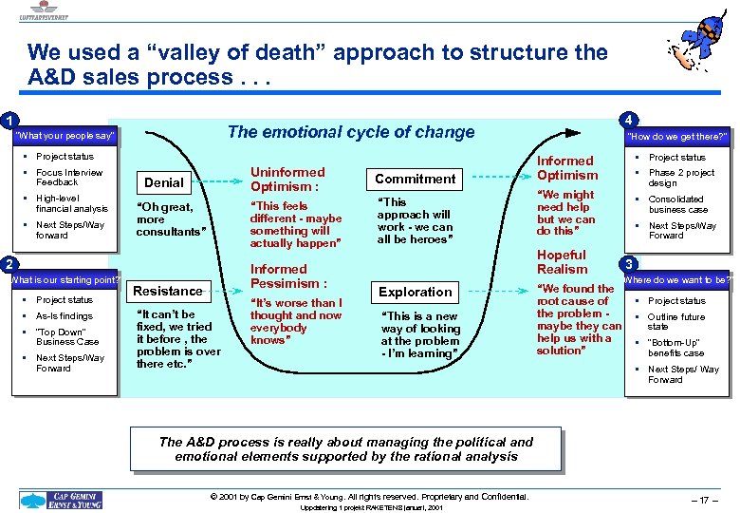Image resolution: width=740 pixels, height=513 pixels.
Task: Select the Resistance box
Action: (168, 291)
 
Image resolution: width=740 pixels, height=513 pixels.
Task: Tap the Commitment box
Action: (415, 179)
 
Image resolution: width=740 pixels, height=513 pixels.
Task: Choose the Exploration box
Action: (415, 292)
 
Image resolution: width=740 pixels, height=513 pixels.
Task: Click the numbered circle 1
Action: (8, 121)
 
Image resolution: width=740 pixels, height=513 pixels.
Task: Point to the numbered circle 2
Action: (8, 263)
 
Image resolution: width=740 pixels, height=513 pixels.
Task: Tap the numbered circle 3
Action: (627, 263)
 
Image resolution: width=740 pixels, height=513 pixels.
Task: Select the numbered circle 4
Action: (627, 121)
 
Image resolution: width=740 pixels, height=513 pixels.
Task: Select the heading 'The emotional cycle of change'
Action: (351, 132)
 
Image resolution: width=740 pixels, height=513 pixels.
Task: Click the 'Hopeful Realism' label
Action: (563, 262)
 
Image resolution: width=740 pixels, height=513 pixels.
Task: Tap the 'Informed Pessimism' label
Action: (288, 276)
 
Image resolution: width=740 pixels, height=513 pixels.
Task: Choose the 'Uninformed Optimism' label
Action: (287, 180)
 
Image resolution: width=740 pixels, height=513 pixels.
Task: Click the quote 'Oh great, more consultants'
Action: (166, 219)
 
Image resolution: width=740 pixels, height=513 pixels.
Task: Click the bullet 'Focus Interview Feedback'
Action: (68, 177)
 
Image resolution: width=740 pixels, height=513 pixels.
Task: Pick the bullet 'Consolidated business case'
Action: (677, 204)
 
